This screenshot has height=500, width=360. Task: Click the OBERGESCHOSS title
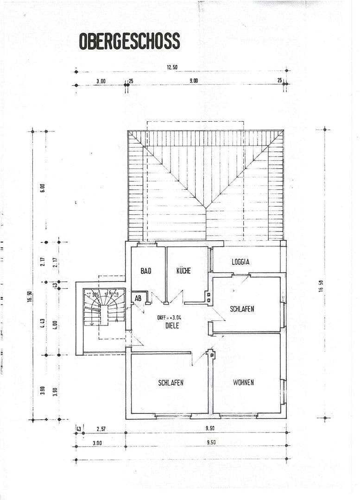pyautogui.click(x=129, y=41)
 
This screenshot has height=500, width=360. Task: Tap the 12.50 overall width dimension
pyautogui.click(x=172, y=67)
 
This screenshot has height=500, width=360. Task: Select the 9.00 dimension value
pyautogui.click(x=193, y=81)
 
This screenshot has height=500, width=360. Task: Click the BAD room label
pyautogui.click(x=146, y=271)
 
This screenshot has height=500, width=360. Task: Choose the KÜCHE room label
pyautogui.click(x=183, y=271)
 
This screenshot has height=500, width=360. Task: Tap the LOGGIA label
pyautogui.click(x=240, y=262)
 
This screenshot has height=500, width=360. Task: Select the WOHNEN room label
pyautogui.click(x=243, y=383)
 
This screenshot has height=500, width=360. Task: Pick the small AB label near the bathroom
pyautogui.click(x=138, y=299)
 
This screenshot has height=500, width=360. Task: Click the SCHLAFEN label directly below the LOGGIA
pyautogui.click(x=242, y=309)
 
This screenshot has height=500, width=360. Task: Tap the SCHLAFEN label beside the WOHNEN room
pyautogui.click(x=171, y=383)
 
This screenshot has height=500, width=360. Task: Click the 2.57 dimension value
pyautogui.click(x=101, y=429)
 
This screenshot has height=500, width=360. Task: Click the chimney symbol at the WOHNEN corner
pyautogui.click(x=212, y=355)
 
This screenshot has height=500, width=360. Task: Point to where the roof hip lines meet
pyautogui.click(x=206, y=207)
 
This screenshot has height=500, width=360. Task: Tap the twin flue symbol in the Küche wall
pyautogui.click(x=209, y=297)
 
